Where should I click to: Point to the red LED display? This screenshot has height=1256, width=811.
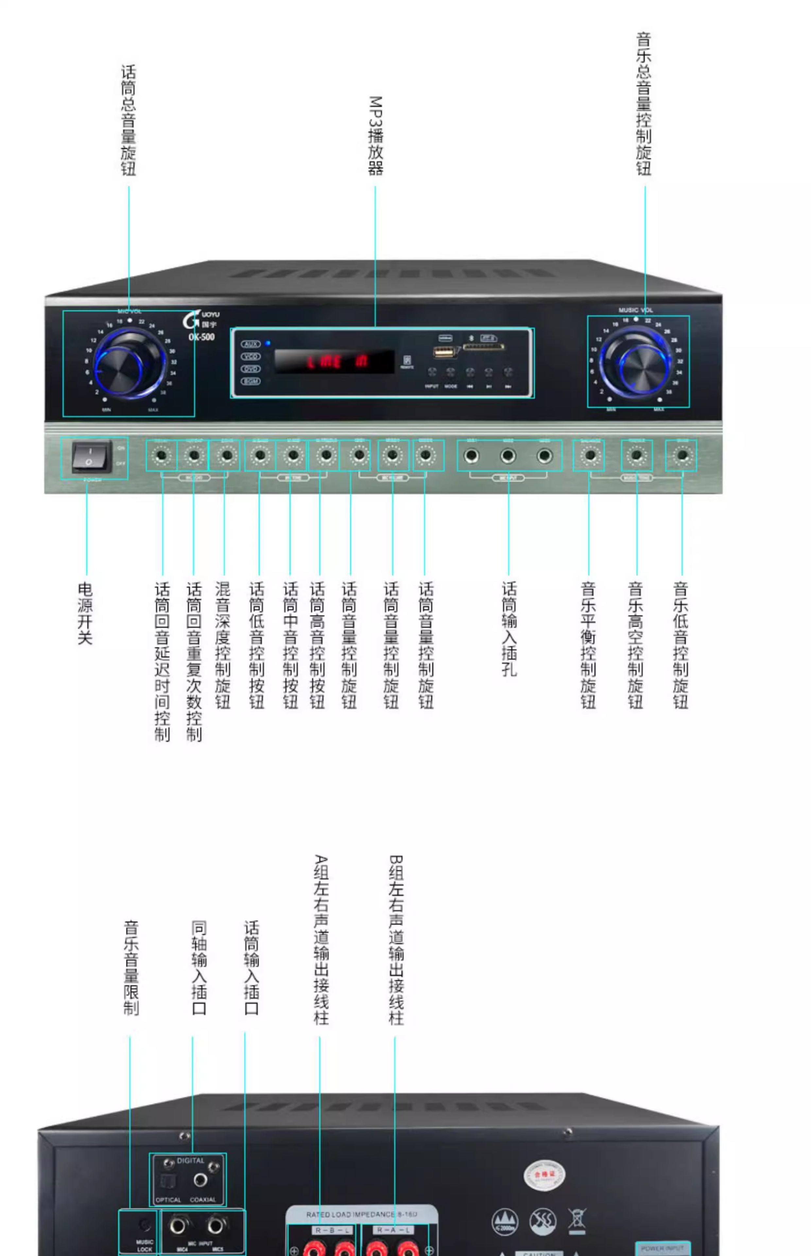335,362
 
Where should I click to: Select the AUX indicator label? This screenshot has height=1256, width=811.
251,344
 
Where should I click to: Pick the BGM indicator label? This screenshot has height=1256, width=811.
251,381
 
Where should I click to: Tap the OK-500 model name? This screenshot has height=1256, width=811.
202,337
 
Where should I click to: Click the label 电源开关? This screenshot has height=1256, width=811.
85,614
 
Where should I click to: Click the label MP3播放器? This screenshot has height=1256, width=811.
375,135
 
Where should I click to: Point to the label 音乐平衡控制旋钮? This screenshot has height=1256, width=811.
588,645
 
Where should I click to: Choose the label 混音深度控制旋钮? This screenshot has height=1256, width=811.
223,645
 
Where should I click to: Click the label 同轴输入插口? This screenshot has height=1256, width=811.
199,968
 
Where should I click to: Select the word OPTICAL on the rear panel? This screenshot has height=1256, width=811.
168,1200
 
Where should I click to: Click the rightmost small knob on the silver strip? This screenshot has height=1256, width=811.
682,456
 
